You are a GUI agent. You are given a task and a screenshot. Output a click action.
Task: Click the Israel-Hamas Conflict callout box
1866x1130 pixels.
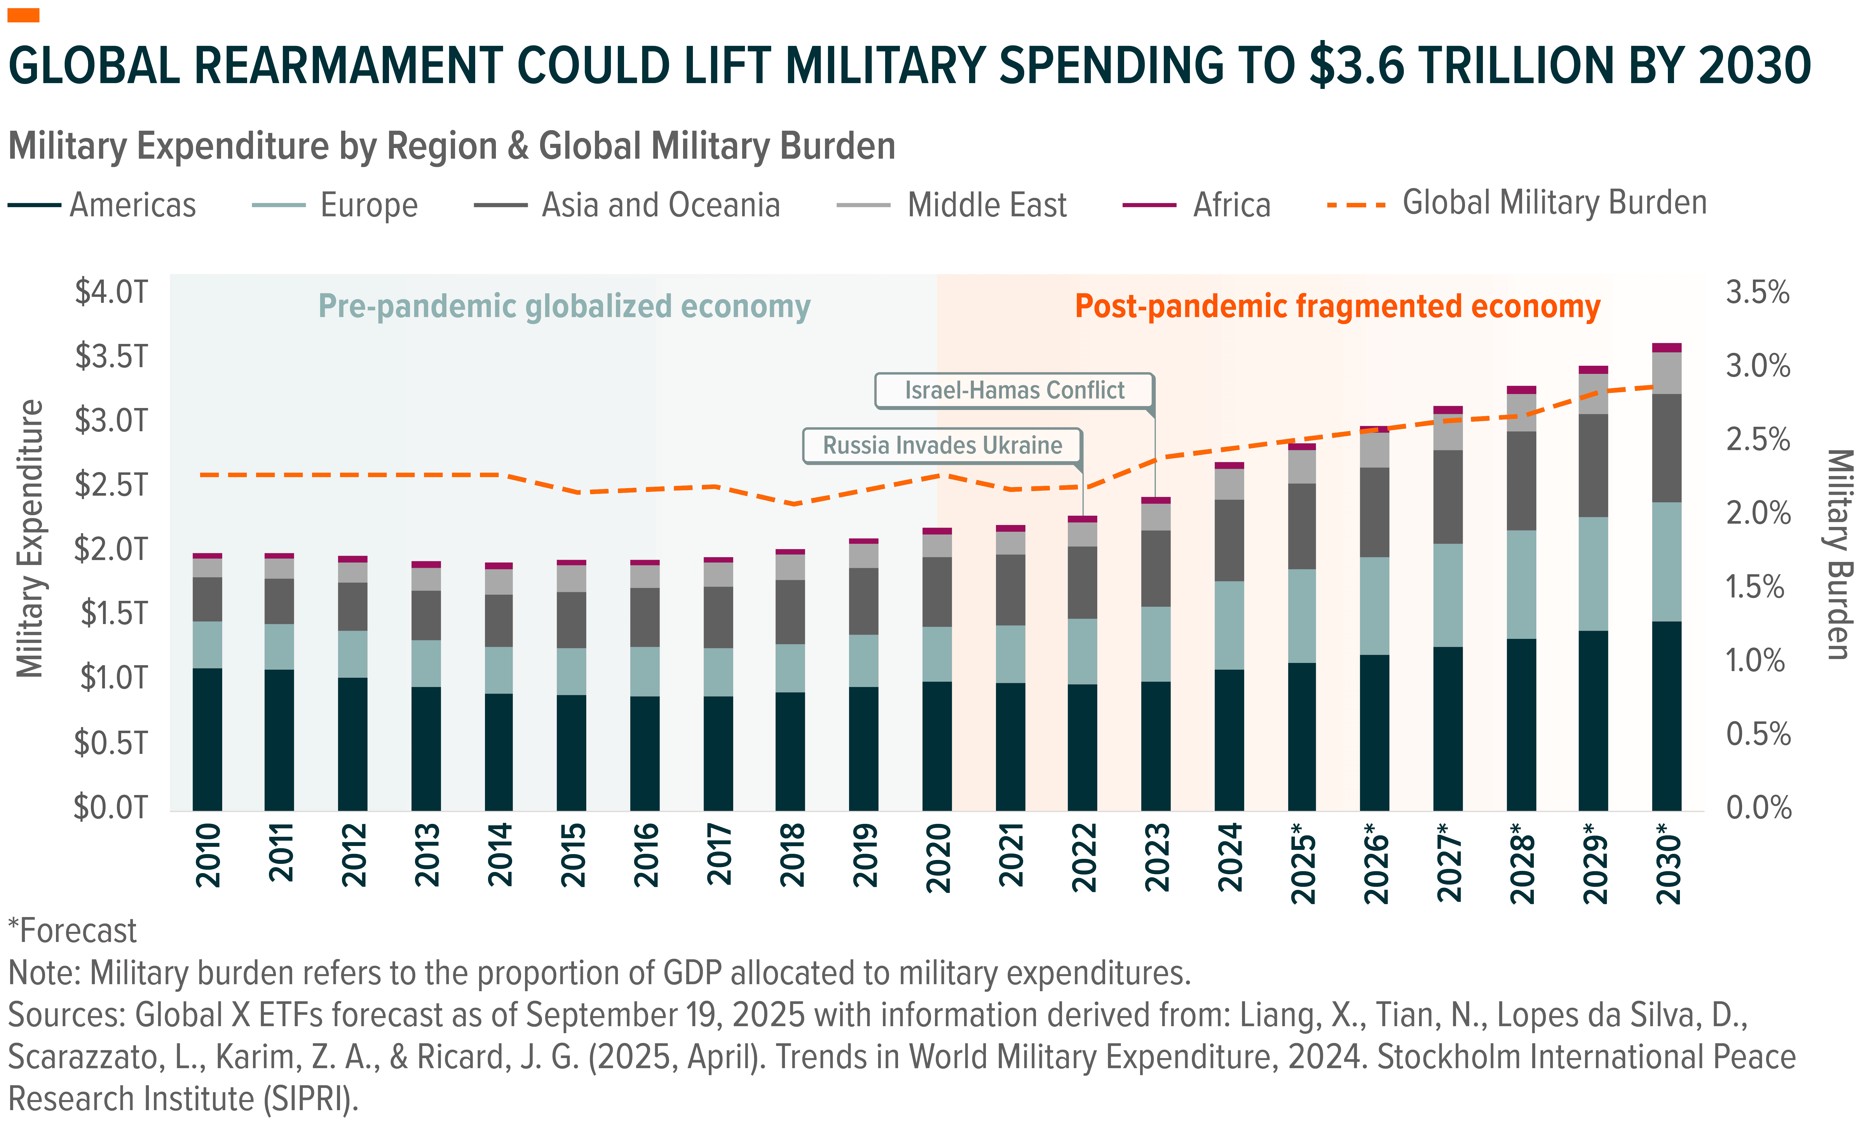[1014, 391]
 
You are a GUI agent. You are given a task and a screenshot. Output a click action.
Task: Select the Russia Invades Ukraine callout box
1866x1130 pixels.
[942, 445]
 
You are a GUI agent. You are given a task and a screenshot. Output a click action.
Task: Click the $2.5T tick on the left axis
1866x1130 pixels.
[111, 485]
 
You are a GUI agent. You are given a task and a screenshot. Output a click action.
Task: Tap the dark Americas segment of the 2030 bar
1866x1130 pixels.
[1667, 716]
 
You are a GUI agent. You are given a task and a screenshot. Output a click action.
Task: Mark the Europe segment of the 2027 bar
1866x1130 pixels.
[1448, 595]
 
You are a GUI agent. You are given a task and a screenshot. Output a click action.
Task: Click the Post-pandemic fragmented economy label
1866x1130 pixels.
[1337, 307]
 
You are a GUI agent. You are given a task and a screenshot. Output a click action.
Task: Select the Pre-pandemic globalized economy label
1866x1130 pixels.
[564, 307]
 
